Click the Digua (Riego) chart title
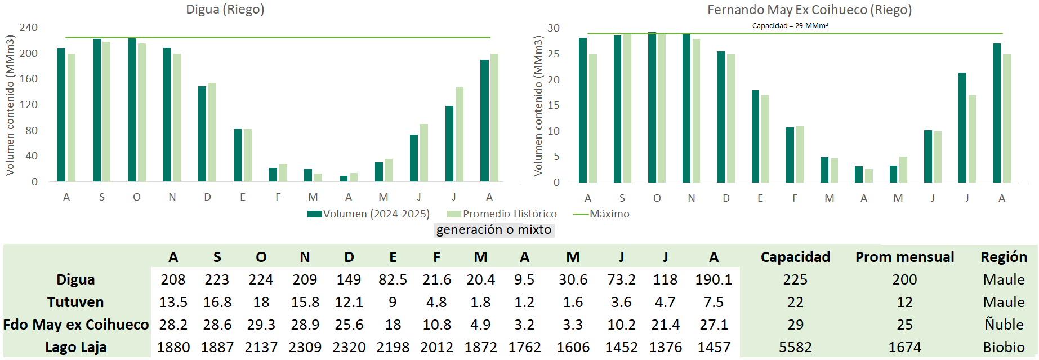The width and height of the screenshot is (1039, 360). point(225,10)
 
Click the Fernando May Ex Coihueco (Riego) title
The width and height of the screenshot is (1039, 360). point(809,10)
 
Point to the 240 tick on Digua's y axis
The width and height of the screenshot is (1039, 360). point(29,28)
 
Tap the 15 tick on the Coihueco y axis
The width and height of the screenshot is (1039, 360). point(554,105)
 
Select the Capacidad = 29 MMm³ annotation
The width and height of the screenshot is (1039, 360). point(790,26)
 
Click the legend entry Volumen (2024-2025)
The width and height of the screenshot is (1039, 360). point(369,214)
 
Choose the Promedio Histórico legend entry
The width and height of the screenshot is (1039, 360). point(502,214)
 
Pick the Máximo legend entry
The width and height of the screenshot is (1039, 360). point(603,214)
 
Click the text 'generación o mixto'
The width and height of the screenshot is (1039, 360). point(494,230)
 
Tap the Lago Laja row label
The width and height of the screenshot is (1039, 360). point(76,347)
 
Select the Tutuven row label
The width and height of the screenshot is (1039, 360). point(75,302)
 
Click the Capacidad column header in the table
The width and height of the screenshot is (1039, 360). point(795,257)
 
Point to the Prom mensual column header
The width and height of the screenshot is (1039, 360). point(904,257)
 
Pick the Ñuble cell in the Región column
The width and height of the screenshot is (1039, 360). point(1004,325)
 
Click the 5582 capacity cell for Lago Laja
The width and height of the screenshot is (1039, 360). point(795,347)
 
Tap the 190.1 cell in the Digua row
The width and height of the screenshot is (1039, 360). point(714,279)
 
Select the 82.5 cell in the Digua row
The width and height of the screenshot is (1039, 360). point(393,279)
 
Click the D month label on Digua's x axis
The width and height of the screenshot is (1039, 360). point(207,197)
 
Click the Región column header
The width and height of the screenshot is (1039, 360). point(1004,257)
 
